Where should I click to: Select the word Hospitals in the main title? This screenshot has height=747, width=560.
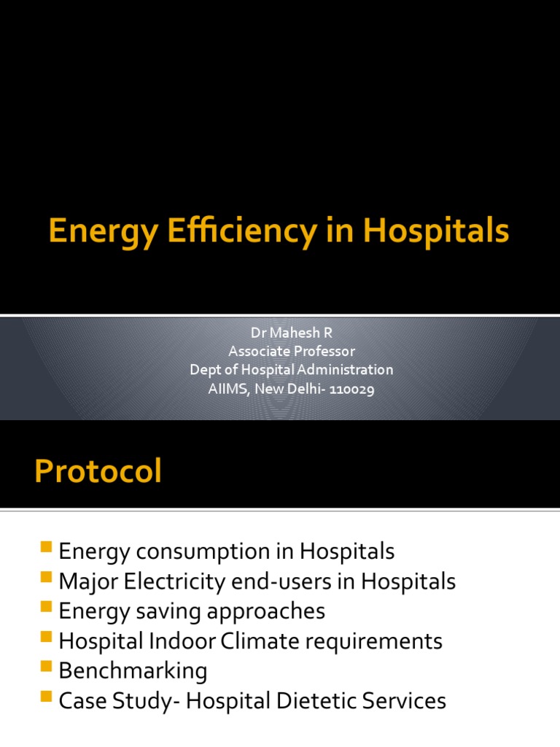click(x=436, y=233)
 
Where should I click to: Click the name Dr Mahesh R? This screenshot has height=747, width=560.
click(x=291, y=332)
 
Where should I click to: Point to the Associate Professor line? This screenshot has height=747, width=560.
click(x=291, y=351)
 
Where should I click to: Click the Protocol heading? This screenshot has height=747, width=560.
click(x=98, y=472)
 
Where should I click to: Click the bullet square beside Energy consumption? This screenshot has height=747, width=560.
click(x=47, y=548)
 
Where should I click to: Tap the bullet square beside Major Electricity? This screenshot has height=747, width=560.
click(x=47, y=578)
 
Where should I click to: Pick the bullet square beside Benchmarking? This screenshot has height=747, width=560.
click(x=47, y=667)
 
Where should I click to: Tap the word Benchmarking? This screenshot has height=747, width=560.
click(x=133, y=670)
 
